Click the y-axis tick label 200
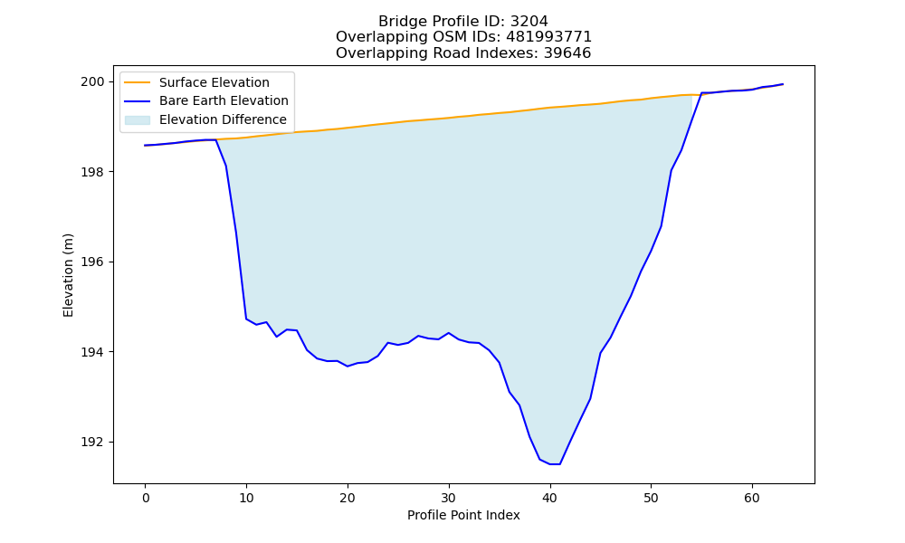[93, 82]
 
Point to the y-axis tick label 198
[93, 172]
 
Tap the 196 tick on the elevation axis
[93, 262]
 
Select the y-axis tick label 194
[93, 352]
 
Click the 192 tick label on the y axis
[93, 442]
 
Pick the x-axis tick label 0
[146, 498]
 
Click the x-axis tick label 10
[246, 498]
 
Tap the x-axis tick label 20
[348, 498]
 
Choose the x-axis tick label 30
[449, 498]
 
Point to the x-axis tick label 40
[550, 498]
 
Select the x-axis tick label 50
[651, 498]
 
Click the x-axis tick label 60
[752, 498]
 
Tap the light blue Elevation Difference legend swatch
[138, 120]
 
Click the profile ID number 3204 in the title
[529, 22]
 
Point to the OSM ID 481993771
[549, 37]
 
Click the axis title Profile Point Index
[463, 515]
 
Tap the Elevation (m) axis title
[68, 275]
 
